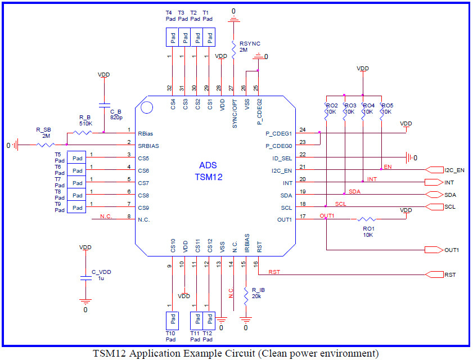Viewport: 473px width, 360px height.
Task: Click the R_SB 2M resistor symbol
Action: pos(46,145)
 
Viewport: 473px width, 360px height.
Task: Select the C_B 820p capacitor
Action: pos(105,105)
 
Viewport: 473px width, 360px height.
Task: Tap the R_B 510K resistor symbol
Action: pos(83,133)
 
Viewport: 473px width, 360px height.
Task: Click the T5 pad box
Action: pos(76,157)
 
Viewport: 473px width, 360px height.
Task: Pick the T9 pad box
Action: pos(76,207)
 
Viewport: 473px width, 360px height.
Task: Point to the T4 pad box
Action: pos(172,37)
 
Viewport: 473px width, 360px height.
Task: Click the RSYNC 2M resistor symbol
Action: pos(233,50)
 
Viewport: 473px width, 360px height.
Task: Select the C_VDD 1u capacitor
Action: pos(86,278)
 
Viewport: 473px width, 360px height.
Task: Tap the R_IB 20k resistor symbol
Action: pos(246,296)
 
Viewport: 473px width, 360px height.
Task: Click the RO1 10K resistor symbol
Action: pos(366,219)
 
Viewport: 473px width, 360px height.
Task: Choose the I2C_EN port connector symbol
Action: pos(434,170)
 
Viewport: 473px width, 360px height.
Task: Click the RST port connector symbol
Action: pos(434,274)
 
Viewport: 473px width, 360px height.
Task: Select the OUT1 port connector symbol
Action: pos(434,250)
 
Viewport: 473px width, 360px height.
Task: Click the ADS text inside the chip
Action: pos(208,165)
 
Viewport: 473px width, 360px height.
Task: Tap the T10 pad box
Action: pos(172,321)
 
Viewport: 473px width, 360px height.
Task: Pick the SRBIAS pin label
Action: pos(148,146)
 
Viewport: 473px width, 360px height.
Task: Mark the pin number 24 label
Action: pos(303,130)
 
